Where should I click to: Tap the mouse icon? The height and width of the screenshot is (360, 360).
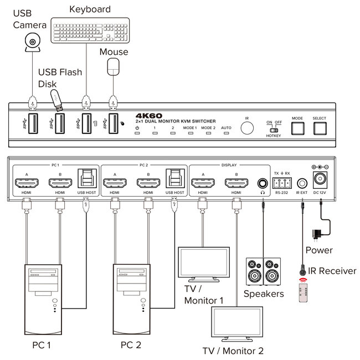(114, 69)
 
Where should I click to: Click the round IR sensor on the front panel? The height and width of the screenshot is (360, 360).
(248, 128)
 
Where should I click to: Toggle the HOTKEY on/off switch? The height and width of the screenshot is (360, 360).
(274, 130)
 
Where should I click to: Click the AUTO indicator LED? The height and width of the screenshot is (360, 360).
(226, 134)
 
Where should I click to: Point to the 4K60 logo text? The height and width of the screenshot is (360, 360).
(147, 116)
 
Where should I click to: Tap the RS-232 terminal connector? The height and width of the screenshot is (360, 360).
(282, 183)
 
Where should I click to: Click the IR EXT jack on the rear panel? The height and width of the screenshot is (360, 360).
(302, 182)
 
